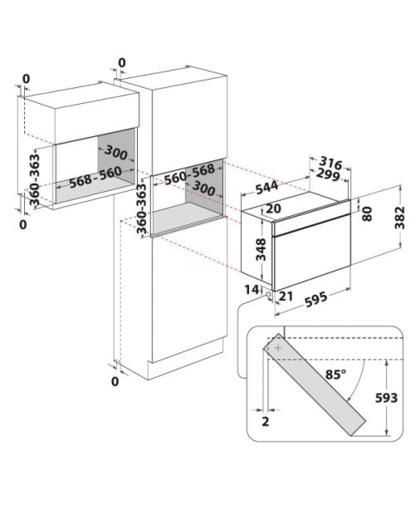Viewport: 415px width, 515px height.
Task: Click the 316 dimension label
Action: (x=330, y=163)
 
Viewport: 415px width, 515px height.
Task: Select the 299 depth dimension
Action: (x=328, y=175)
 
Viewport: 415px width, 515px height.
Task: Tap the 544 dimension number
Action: (x=266, y=188)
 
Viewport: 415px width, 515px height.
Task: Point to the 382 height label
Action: (x=399, y=218)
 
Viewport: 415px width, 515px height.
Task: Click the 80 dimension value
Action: (x=367, y=213)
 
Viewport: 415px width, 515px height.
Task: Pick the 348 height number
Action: (x=261, y=250)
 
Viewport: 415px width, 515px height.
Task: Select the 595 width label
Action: (x=316, y=299)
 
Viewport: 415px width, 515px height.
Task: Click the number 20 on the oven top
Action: (x=273, y=208)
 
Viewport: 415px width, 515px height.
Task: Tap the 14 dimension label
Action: (x=251, y=289)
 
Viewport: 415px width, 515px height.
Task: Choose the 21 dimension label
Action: (x=286, y=296)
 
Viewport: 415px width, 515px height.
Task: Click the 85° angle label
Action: (x=335, y=374)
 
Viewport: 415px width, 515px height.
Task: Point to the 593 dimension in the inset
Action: (x=387, y=398)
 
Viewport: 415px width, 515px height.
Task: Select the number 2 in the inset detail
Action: (x=266, y=421)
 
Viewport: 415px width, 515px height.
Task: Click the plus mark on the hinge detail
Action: (x=278, y=348)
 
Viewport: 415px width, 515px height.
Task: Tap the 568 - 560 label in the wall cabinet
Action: (x=95, y=178)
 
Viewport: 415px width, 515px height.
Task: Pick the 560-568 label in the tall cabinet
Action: (x=189, y=174)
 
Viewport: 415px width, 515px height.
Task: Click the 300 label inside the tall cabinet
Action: (x=203, y=188)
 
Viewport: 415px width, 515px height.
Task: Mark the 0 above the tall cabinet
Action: (x=122, y=62)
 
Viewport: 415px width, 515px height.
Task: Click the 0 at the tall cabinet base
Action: (x=115, y=381)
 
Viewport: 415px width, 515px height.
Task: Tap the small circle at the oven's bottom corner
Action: (x=269, y=295)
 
